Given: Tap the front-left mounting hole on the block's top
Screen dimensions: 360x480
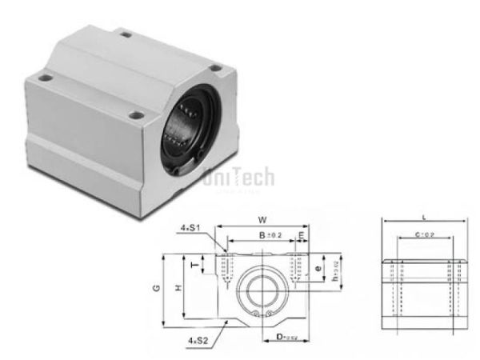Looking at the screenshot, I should pyautogui.click(x=46, y=79).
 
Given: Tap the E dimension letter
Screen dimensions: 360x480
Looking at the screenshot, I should pyautogui.click(x=301, y=235).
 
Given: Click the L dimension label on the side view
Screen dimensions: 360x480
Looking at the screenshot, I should pyautogui.click(x=422, y=216).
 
